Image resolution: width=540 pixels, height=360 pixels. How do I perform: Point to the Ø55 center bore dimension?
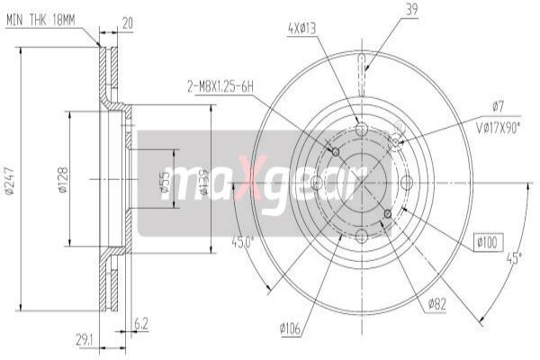click(x=163, y=184)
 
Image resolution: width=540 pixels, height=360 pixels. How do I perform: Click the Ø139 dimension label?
click(x=204, y=180)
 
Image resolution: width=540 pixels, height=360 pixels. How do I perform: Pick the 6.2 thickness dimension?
click(x=140, y=324)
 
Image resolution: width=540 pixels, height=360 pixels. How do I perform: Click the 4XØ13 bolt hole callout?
click(x=301, y=29)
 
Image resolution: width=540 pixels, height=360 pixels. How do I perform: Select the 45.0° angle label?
click(x=244, y=243)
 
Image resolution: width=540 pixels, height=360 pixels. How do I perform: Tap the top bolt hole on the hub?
click(x=362, y=130)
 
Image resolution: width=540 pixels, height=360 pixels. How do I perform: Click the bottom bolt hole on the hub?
click(x=362, y=237)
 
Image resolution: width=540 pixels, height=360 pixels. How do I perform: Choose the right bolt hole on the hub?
click(x=407, y=183)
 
